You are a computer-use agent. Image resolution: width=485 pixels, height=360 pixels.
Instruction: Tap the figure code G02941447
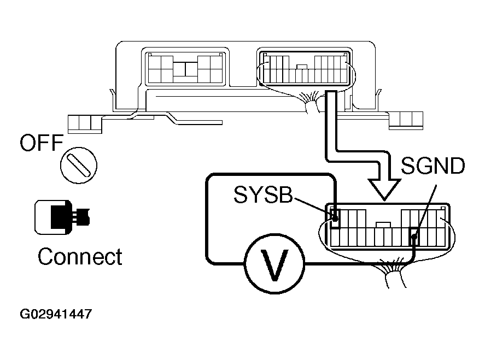[x=56, y=315]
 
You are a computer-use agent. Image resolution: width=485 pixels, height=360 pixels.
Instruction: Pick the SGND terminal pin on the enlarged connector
[x=414, y=237]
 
